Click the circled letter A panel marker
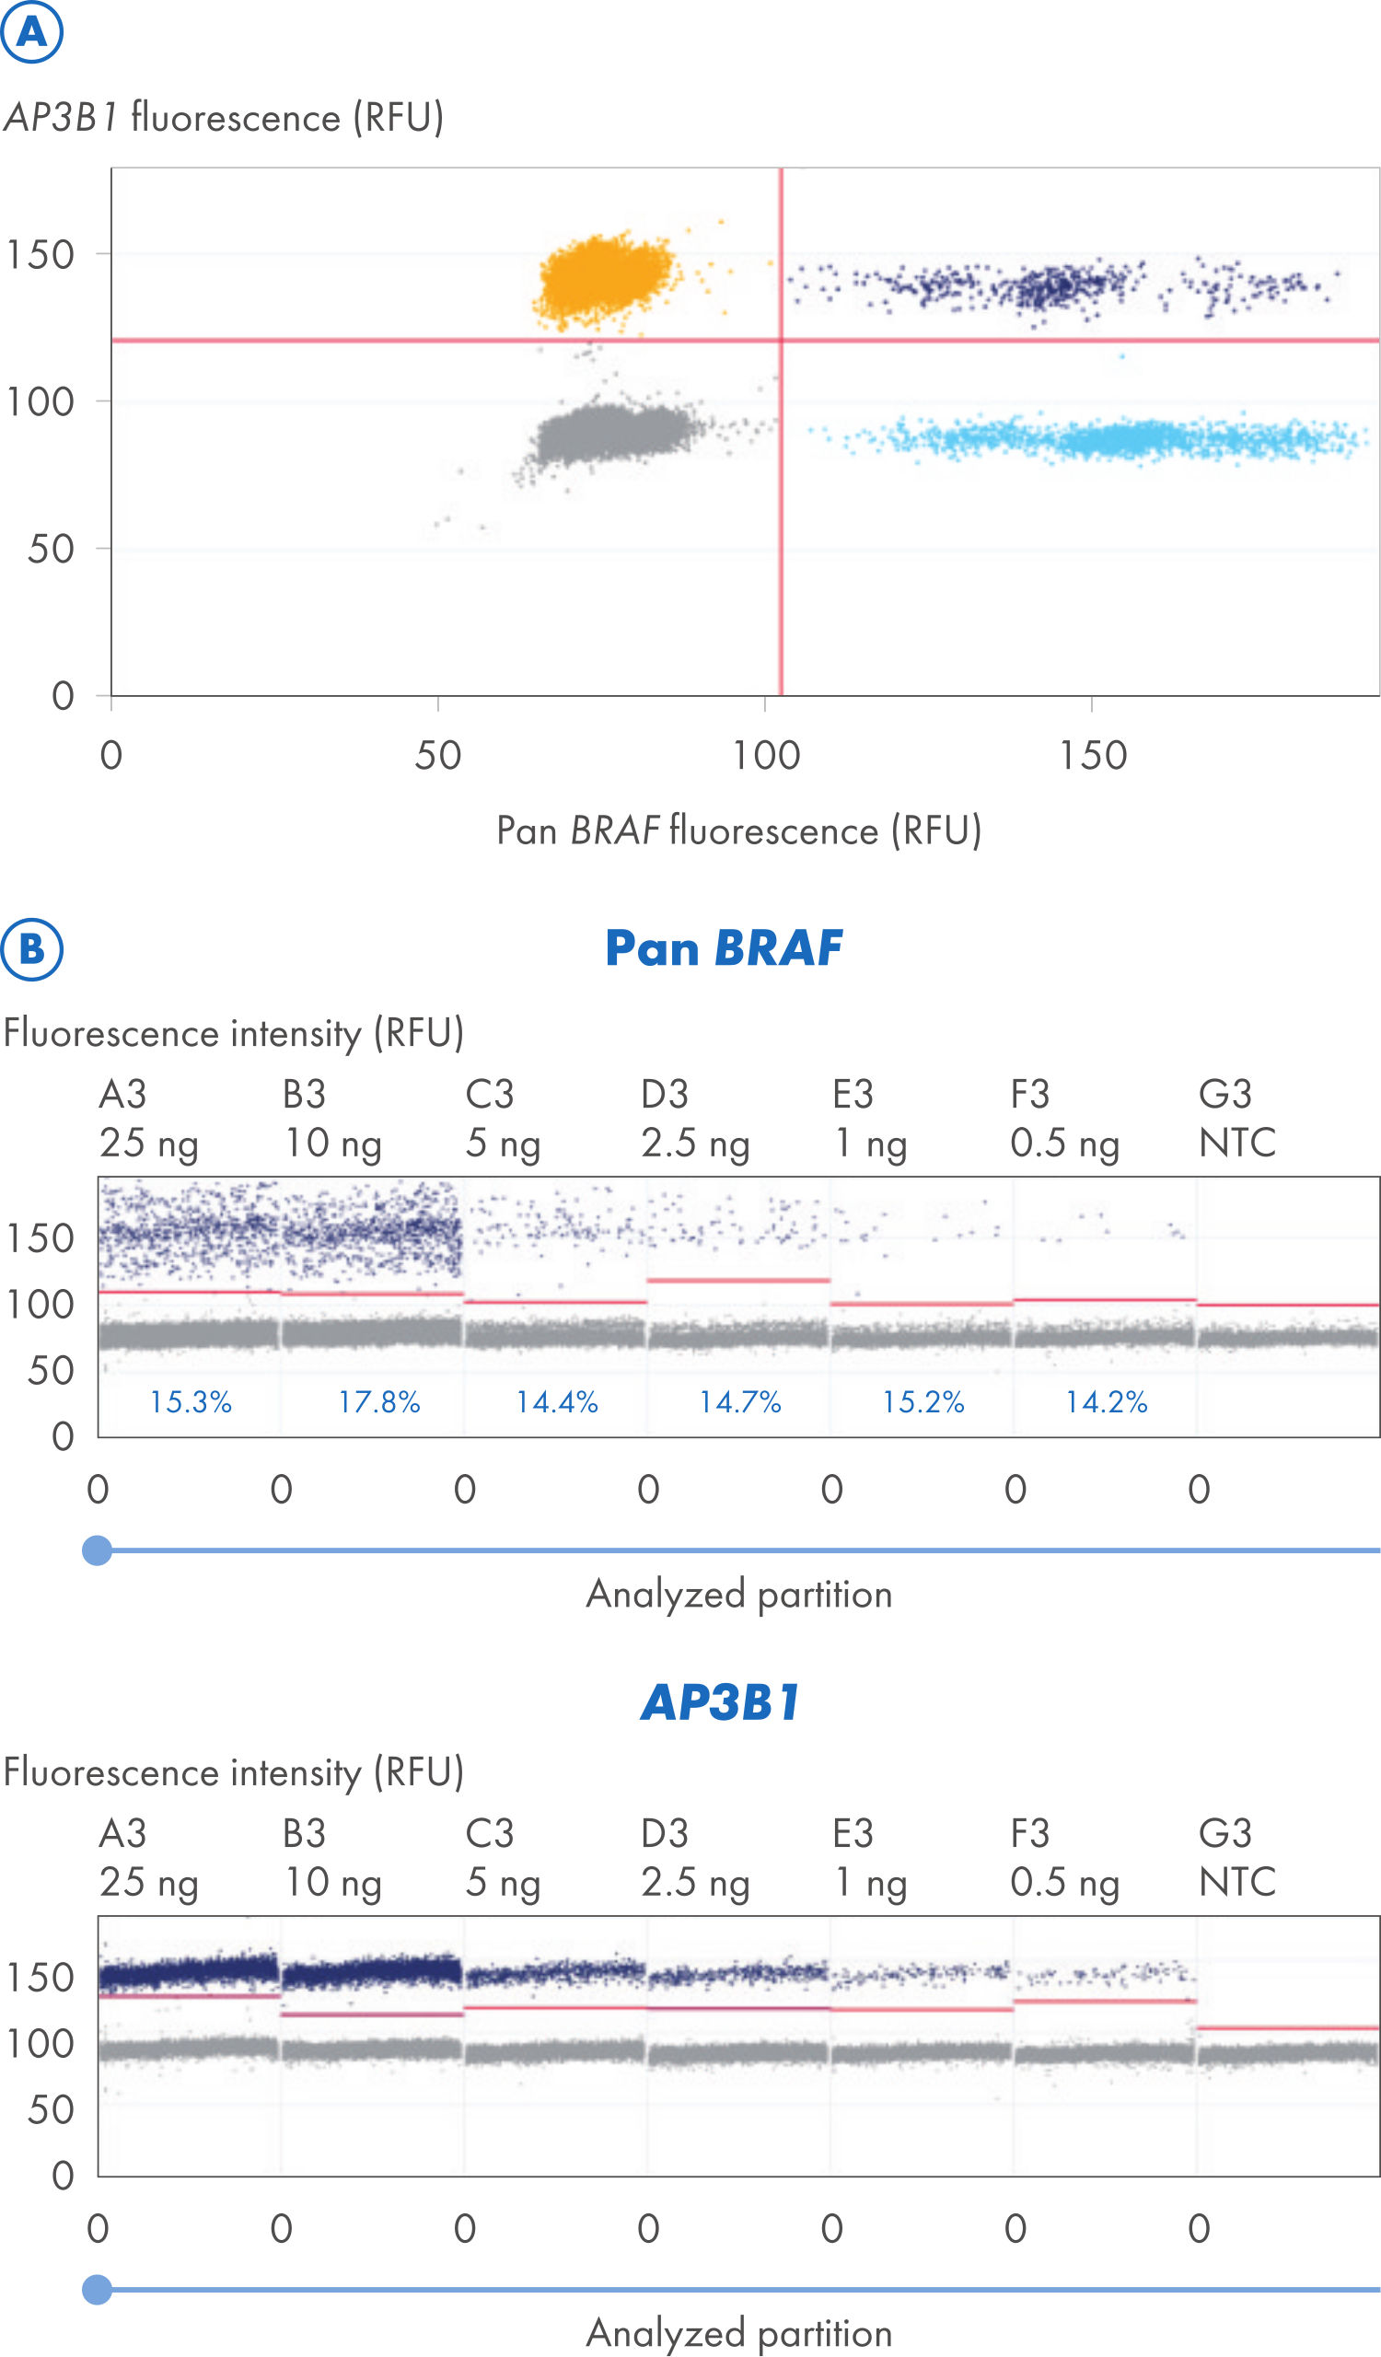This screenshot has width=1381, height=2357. pos(31,33)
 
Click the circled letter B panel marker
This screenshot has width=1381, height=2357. pos(31,948)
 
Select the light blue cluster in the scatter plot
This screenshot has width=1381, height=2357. pos(1103,437)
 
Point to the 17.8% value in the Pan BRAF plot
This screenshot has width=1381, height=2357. pos(378,1402)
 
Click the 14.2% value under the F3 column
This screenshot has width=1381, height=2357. pos(1106,1402)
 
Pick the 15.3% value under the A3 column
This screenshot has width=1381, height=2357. pos(191,1402)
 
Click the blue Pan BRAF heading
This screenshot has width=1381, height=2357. pos(723,948)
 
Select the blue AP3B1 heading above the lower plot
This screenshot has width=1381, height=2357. pos(720,1702)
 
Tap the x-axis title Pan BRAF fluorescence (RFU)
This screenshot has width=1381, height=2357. pos(738,830)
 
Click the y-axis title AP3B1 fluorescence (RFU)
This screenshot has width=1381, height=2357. pos(224,118)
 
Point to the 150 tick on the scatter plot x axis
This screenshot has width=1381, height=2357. pos(1092,756)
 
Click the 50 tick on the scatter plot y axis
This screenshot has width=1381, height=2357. pos(51,549)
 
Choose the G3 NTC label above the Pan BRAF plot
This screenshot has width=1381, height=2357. pos(1236,1119)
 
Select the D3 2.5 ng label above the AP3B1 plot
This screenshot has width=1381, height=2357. pos(695,1858)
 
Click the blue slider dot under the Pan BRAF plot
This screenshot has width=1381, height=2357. pos(98,1550)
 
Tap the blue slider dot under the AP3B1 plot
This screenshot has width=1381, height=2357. pos(98,2290)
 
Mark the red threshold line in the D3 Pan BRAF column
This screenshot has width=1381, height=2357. pos(738,1280)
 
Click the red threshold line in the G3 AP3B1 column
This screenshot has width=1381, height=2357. pos(1288,2027)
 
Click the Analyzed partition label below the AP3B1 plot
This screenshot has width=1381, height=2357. pos(738,2333)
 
